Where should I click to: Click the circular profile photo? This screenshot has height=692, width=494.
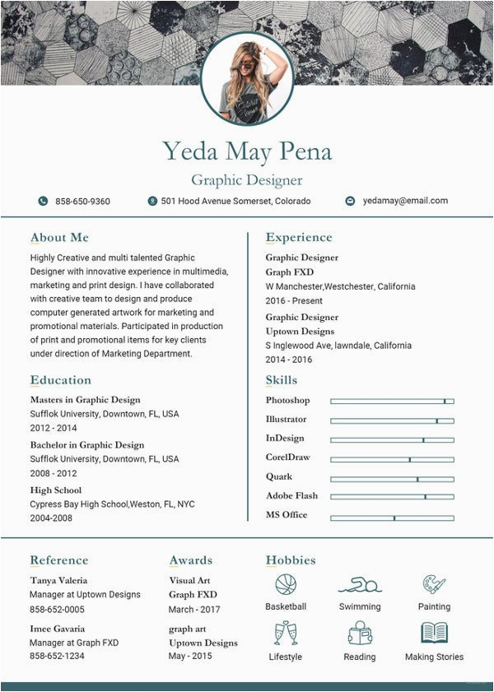pos(247,79)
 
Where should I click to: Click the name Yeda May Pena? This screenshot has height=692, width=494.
pos(247,151)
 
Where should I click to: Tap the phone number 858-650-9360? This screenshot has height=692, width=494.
pos(82,202)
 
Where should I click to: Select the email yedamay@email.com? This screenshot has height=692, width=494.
pos(405,201)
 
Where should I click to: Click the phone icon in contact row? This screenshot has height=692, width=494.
pos(43,201)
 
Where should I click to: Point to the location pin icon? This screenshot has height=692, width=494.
pos(152,201)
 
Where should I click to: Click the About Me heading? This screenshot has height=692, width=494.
pos(59,238)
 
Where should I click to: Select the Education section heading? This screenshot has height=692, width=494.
pos(61,380)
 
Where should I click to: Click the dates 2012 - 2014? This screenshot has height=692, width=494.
pos(54,428)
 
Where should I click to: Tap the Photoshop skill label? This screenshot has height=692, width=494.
pos(287,401)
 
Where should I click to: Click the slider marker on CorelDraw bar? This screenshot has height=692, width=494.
pos(409,459)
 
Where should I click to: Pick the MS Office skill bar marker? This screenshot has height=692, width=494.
pos(394,518)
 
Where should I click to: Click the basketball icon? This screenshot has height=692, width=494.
pos(286,584)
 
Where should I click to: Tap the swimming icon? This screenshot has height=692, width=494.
pos(360,585)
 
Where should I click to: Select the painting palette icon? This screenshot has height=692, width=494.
pos(434,584)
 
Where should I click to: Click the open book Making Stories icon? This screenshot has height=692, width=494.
pos(434,633)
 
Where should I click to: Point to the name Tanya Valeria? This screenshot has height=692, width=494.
pos(58,580)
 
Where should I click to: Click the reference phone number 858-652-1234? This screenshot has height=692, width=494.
pos(57,656)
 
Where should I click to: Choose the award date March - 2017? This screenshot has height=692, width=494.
pos(194,610)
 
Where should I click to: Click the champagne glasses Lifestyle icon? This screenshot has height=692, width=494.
pos(285,633)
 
